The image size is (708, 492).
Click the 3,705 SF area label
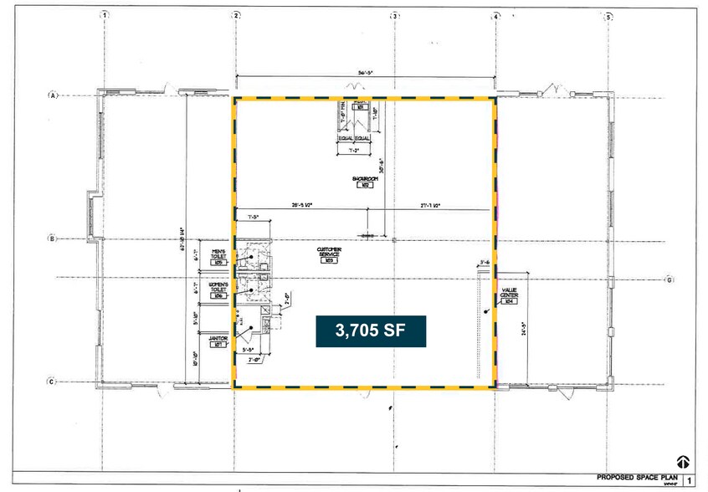tap(371, 331)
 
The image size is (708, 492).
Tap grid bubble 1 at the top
tap(105, 15)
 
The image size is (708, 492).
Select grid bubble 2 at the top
tap(237, 15)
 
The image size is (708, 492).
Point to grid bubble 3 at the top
tap(394, 15)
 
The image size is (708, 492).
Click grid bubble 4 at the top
tap(496, 15)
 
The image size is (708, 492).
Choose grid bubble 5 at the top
tap(608, 15)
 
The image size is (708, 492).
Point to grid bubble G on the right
tap(669, 279)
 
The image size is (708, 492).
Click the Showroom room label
tap(362, 182)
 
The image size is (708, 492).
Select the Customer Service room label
tap(327, 254)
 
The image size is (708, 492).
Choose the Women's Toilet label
tap(218, 290)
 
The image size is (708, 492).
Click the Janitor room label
tap(218, 341)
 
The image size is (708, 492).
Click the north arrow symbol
tap(682, 461)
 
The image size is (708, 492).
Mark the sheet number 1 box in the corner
tap(689, 480)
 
